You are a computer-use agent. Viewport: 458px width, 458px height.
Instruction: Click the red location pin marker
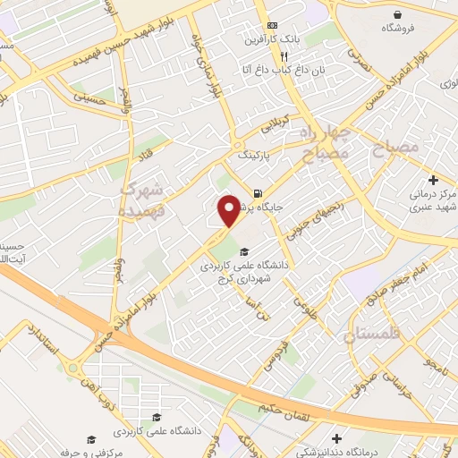(230, 209)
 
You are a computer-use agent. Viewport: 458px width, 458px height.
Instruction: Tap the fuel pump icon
(258, 192)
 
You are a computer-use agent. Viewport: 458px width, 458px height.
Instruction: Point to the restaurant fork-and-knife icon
(284, 55)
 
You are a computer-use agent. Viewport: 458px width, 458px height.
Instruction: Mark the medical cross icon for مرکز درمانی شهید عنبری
(433, 180)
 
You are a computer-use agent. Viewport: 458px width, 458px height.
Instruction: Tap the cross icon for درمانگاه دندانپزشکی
(336, 438)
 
